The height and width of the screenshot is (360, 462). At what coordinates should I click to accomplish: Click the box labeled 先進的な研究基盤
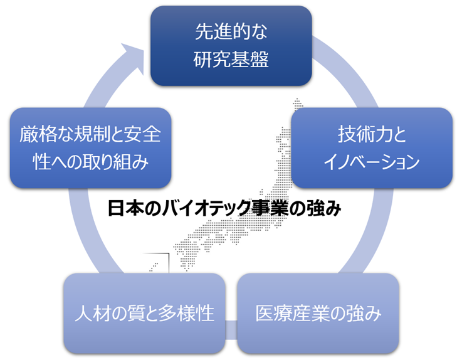231,46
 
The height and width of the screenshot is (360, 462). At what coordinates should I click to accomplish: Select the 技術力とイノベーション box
371,148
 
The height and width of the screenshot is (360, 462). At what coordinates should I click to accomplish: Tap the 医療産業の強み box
318,312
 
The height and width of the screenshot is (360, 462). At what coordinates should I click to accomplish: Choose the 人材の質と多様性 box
144,312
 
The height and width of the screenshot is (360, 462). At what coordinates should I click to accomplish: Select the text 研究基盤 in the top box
231,60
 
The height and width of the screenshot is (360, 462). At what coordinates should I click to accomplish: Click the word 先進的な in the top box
231,31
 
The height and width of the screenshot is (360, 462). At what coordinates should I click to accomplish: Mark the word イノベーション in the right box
371,162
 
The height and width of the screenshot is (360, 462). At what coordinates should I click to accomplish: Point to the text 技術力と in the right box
371,134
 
